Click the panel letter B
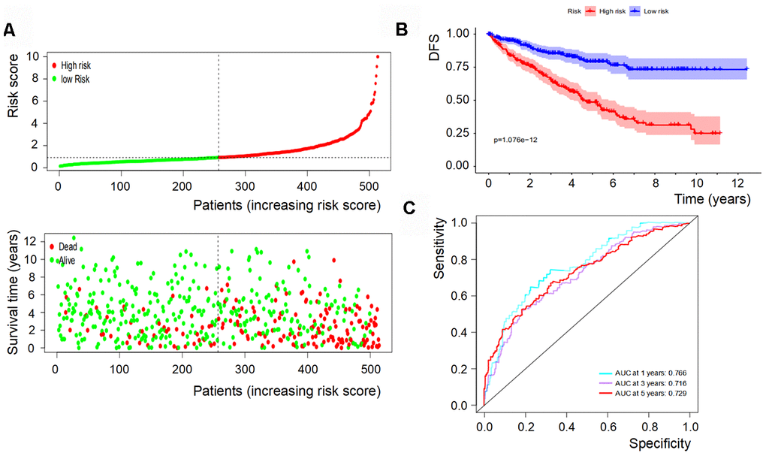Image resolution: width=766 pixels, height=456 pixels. [x=401, y=30]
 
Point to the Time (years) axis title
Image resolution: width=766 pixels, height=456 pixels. [x=711, y=199]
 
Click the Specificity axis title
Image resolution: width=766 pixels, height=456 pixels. [x=659, y=443]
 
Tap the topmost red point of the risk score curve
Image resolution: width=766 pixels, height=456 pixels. [x=378, y=56]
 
